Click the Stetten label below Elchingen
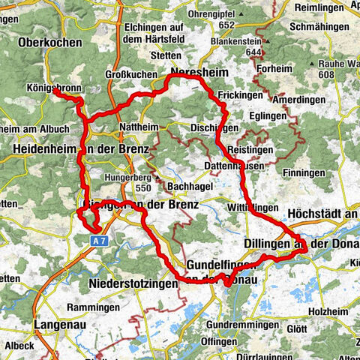pos(165,55)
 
